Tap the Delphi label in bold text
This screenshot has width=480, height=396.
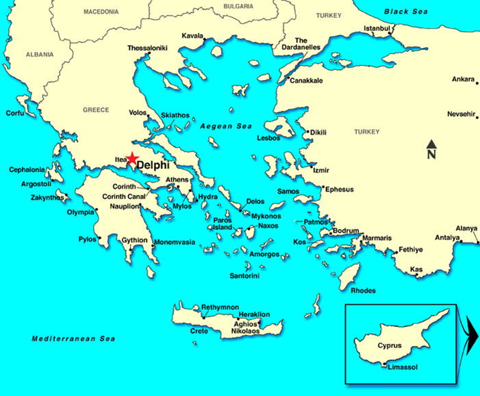pos(153,166)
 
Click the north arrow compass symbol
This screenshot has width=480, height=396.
pos(431,149)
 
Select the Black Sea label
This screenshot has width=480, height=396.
pos(405,12)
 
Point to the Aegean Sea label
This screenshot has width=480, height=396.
pos(226,127)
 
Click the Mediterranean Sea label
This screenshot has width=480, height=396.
pos(74,339)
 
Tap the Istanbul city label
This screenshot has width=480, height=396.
pos(377,28)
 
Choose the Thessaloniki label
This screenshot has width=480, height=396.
pos(149,49)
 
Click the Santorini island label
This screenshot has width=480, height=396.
pos(244,276)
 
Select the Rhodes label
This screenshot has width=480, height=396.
pos(363,291)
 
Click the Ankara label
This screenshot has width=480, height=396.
pos(463,79)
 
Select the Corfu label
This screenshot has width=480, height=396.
pos(15,113)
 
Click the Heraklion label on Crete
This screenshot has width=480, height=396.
pos(254,315)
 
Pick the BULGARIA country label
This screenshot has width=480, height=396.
pos(238,6)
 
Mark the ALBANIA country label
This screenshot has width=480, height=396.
pos(40,54)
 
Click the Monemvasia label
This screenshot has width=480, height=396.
pos(174,242)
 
